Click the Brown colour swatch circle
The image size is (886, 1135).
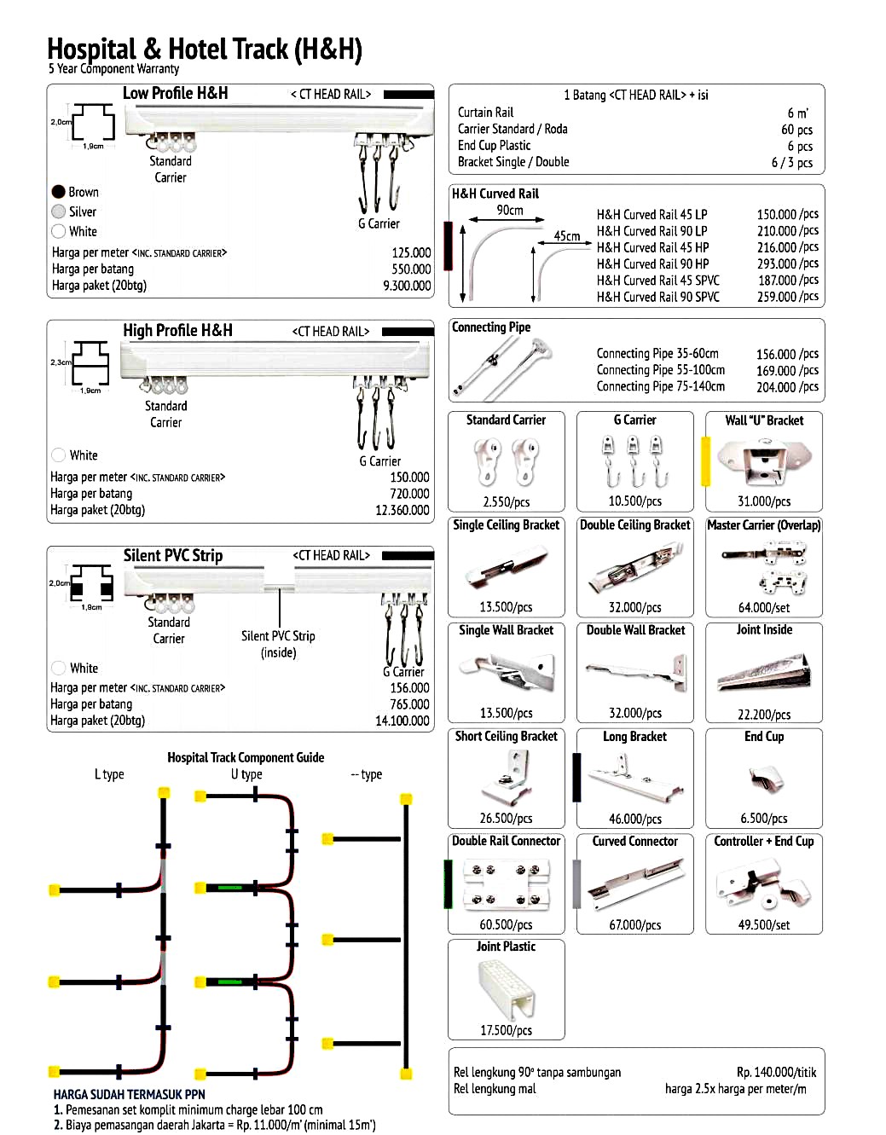click(59, 192)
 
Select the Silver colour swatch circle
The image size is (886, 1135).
click(59, 211)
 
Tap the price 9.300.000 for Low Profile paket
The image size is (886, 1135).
click(407, 286)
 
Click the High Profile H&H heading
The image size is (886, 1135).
click(177, 330)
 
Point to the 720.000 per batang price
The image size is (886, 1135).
click(409, 494)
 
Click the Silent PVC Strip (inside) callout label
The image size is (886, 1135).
click(278, 644)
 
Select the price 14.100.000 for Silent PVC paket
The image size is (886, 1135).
click(402, 721)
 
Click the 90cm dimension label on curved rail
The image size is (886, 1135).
click(510, 210)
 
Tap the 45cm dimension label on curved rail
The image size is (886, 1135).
click(567, 236)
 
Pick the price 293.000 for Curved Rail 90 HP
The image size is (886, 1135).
click(788, 263)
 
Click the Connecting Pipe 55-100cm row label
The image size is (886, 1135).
click(661, 370)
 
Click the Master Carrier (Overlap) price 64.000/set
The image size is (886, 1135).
click(764, 607)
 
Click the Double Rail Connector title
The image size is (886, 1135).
click(506, 841)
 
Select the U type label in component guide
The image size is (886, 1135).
click(246, 774)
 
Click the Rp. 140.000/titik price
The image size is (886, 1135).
click(776, 1072)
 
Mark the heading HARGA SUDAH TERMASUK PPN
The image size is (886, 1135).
click(129, 1094)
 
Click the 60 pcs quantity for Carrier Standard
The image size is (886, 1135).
click(796, 130)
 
